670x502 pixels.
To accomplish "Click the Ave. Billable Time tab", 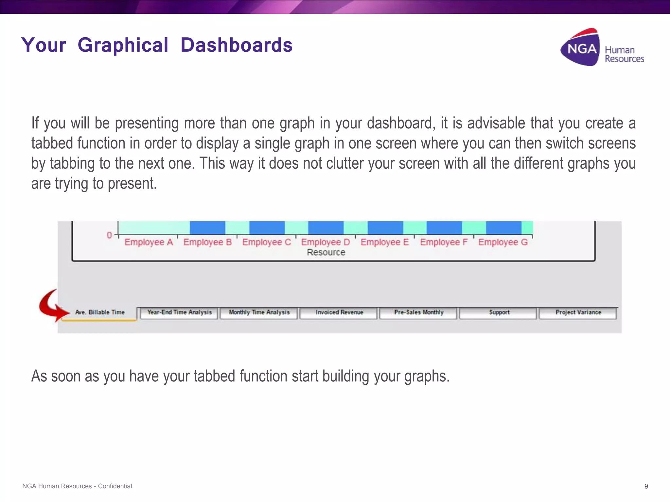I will (x=100, y=312).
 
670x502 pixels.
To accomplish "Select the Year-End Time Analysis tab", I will (x=179, y=312).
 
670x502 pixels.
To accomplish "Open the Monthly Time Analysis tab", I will (x=259, y=312).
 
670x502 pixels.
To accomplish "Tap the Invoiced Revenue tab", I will (x=339, y=312).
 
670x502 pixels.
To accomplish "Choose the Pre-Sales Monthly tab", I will (x=419, y=312).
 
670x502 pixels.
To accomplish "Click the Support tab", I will (x=499, y=312).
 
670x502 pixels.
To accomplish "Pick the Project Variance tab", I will (x=578, y=312).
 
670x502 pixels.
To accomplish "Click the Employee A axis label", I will (x=149, y=242).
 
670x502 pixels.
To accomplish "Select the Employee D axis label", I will (x=326, y=242).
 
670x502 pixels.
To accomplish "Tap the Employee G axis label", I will (x=503, y=242).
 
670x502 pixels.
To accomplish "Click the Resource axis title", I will (x=326, y=252).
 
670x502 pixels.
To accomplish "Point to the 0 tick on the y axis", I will (x=109, y=235).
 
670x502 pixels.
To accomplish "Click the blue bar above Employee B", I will (x=207, y=228).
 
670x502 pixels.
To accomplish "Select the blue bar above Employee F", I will (x=444, y=228).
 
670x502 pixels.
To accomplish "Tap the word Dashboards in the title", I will (x=237, y=45).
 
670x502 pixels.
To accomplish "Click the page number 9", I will (x=646, y=486).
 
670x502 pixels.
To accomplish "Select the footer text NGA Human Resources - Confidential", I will (x=78, y=486).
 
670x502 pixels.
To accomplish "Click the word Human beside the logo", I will (x=620, y=50).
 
